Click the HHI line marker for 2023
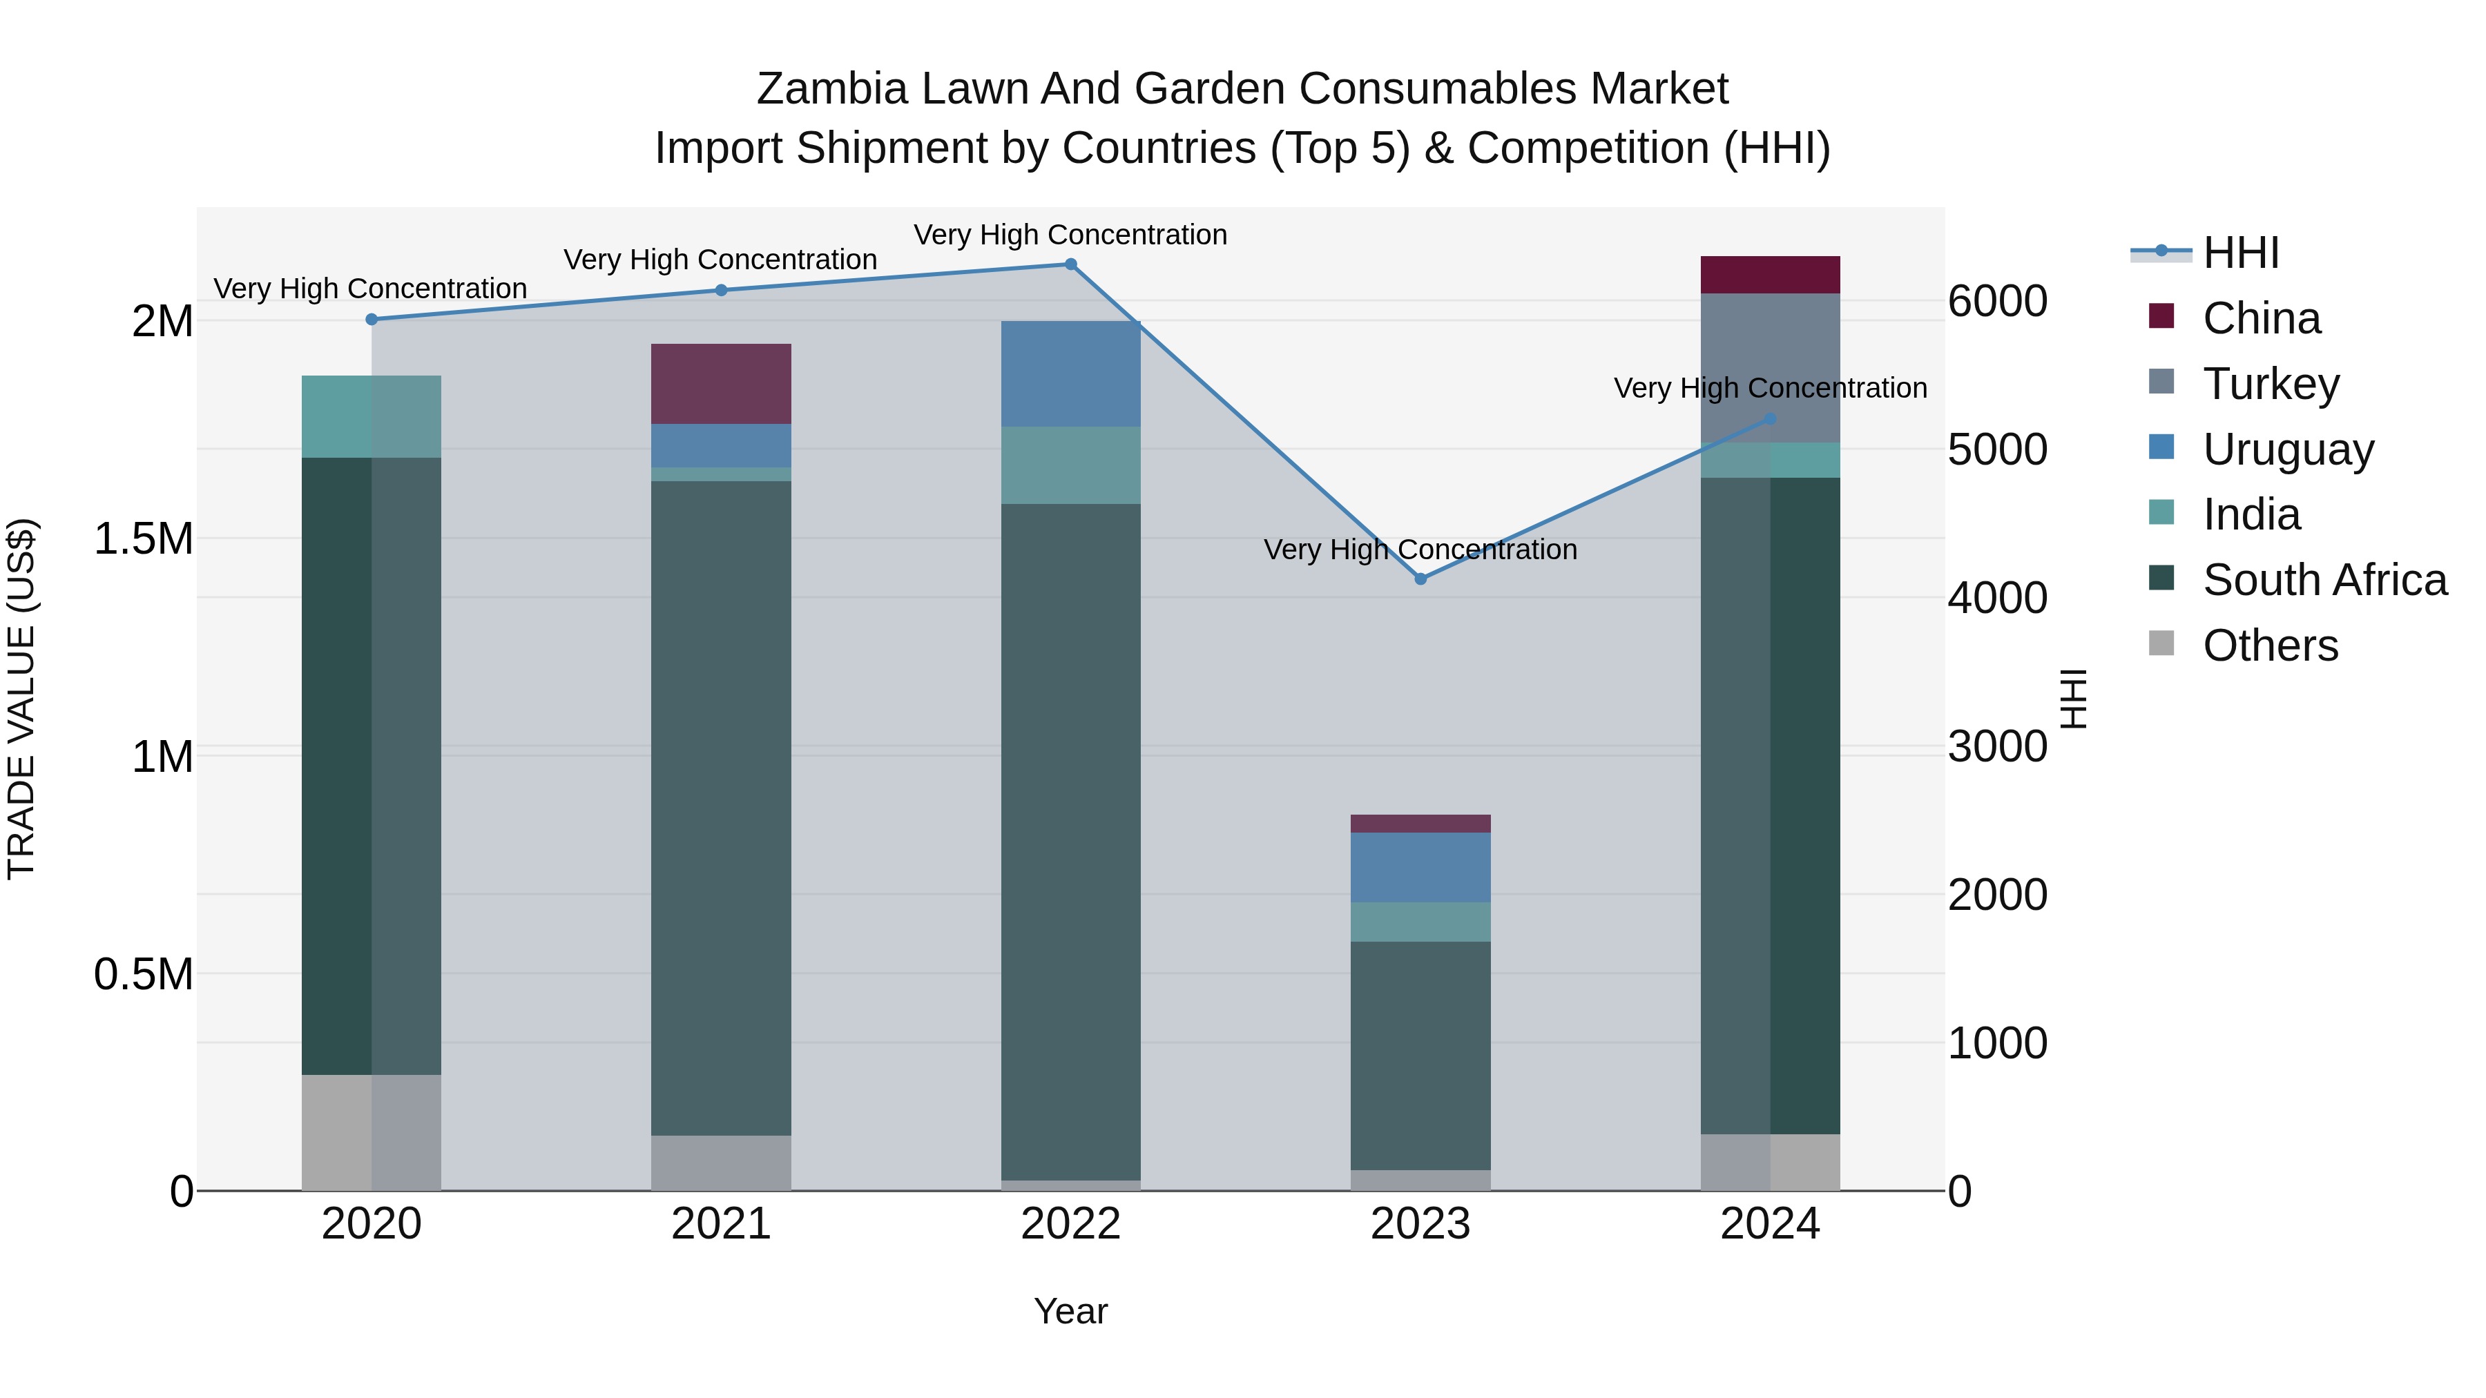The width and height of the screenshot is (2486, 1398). point(1420,579)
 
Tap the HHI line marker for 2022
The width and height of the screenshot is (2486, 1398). point(1070,264)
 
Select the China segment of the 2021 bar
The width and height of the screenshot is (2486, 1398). point(721,384)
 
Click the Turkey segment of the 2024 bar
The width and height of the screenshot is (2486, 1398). point(1769,367)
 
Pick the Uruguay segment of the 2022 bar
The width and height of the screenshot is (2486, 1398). point(1070,373)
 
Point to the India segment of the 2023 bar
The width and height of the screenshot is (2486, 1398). point(1420,922)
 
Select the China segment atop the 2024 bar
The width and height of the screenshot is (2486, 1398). point(1769,275)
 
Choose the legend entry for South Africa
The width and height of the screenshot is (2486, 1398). point(2324,580)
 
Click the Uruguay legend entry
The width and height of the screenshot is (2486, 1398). point(2287,449)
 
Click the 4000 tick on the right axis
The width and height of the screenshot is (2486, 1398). point(1996,598)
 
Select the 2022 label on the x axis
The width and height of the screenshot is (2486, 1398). point(1070,1224)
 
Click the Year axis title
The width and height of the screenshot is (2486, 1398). point(1070,1311)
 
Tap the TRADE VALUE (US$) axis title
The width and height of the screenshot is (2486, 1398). point(21,699)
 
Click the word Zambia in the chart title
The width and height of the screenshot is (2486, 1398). point(832,89)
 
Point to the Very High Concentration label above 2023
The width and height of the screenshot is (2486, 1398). point(1420,550)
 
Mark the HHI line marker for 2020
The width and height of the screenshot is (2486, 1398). point(372,320)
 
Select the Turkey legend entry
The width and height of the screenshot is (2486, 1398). point(2270,384)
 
